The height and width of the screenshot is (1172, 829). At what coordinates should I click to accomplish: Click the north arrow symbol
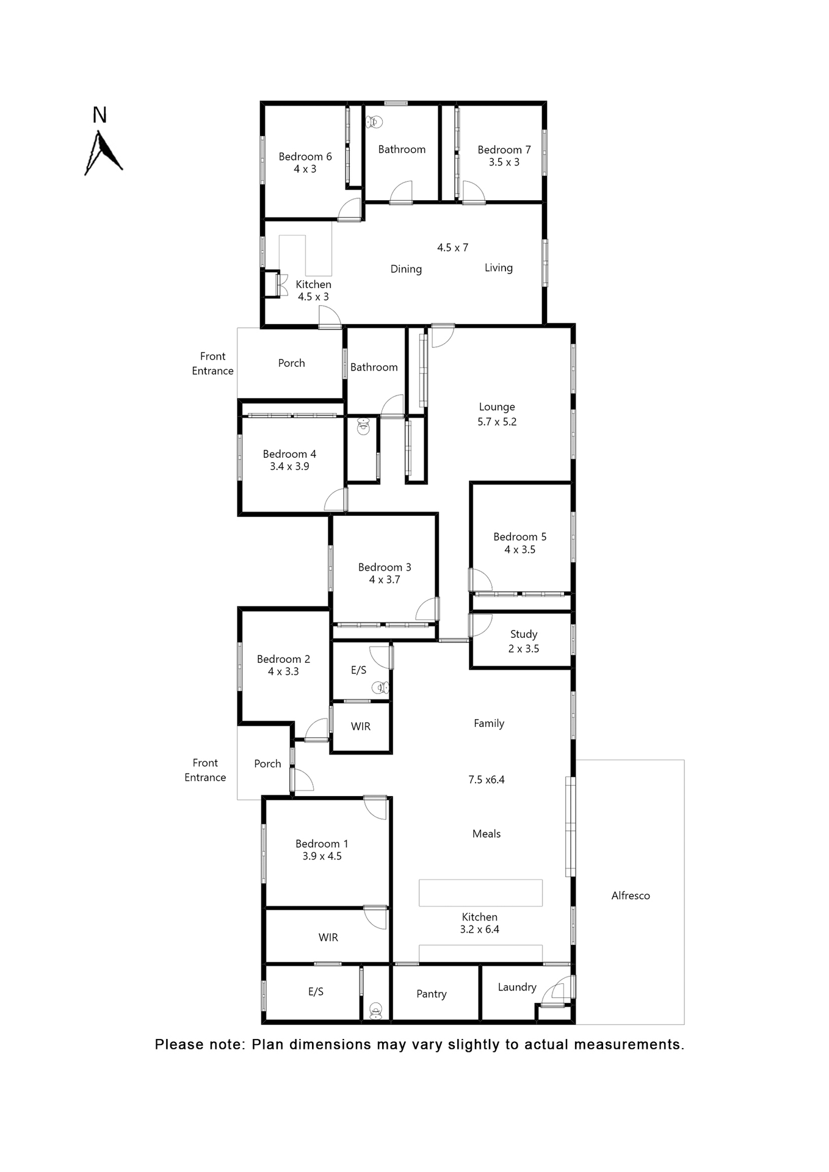coord(102,153)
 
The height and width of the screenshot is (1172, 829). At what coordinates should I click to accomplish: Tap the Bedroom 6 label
coord(305,156)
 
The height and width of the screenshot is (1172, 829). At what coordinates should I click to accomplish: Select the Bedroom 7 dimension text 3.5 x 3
coord(504,162)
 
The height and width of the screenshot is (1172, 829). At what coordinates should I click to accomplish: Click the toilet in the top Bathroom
coord(374,122)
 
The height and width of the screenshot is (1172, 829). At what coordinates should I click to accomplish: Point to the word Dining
coord(406,269)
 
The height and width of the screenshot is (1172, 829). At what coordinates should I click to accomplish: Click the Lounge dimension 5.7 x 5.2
coord(496,422)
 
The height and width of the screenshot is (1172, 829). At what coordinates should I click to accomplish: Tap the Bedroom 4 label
coord(289,454)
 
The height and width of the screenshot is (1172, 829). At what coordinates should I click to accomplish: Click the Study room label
coord(523,634)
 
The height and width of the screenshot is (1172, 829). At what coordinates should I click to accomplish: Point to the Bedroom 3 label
coord(384,567)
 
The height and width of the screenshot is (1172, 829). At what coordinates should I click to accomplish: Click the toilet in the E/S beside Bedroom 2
coord(381,688)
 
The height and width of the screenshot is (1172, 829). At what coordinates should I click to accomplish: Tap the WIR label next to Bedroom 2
coord(360,726)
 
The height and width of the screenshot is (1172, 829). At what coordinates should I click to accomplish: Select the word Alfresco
coord(630,895)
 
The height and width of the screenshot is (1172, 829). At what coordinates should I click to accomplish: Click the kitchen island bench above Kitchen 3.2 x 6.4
coord(480,892)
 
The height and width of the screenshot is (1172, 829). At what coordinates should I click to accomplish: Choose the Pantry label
coord(431,994)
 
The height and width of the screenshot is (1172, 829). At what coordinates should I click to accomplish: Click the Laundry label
coord(516,987)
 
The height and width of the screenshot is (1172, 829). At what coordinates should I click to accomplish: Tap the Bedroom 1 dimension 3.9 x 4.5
coord(322,856)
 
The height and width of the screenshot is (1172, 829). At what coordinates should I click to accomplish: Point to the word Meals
coord(486,834)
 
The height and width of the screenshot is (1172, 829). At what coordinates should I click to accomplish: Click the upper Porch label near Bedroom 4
coord(291,363)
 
